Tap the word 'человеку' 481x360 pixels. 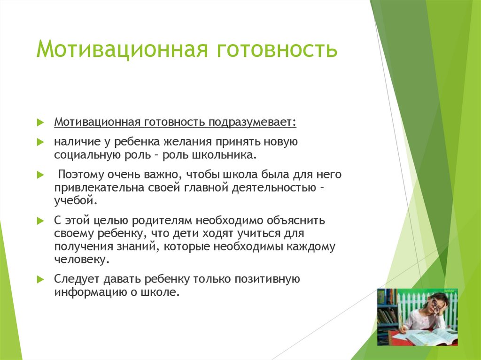81,260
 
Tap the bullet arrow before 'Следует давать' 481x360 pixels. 40,279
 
